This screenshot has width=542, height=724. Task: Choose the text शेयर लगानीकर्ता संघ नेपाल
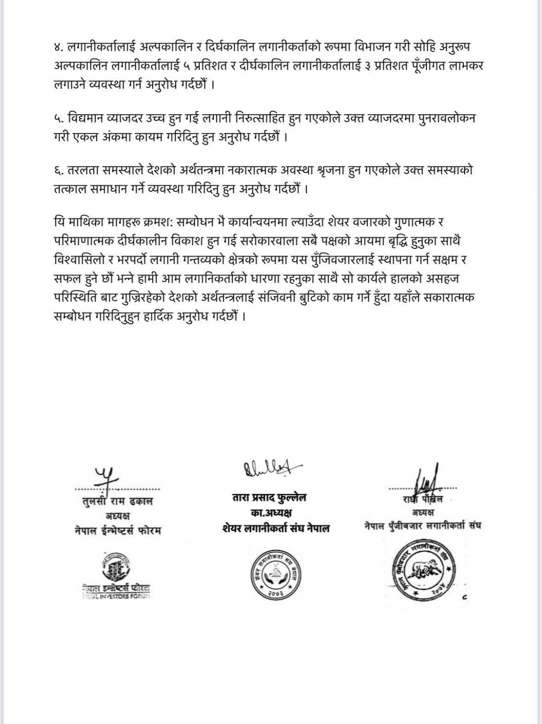[275, 528]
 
